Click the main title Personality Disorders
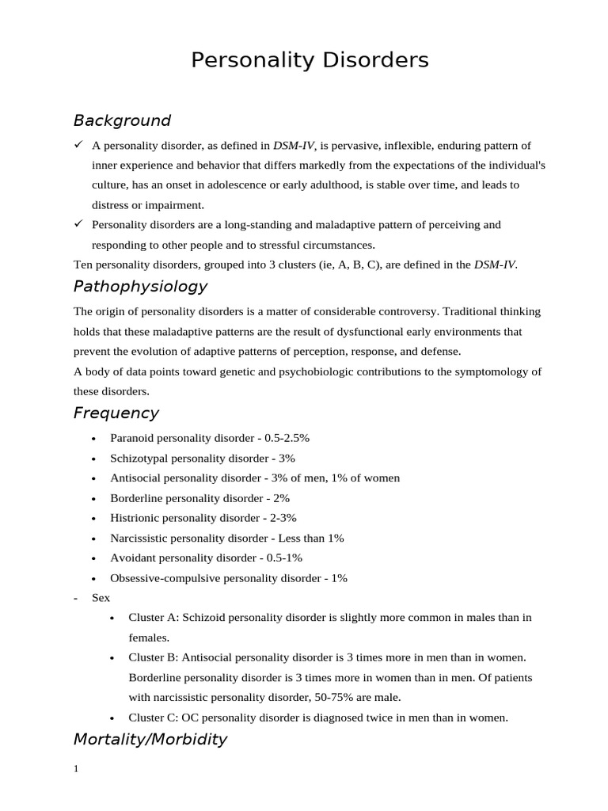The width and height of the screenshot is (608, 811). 310,60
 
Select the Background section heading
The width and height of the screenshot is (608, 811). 122,120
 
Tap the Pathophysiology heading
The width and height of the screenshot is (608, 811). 140,286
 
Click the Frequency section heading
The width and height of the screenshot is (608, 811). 116,413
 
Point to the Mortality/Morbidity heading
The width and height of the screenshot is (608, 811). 150,739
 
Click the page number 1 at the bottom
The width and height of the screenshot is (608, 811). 76,769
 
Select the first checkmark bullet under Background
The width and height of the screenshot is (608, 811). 78,145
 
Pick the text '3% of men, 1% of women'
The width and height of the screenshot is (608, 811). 338,478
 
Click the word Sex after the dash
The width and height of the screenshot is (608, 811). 101,598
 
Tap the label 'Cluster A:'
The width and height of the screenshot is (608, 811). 154,618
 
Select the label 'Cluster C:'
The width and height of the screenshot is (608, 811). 154,718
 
